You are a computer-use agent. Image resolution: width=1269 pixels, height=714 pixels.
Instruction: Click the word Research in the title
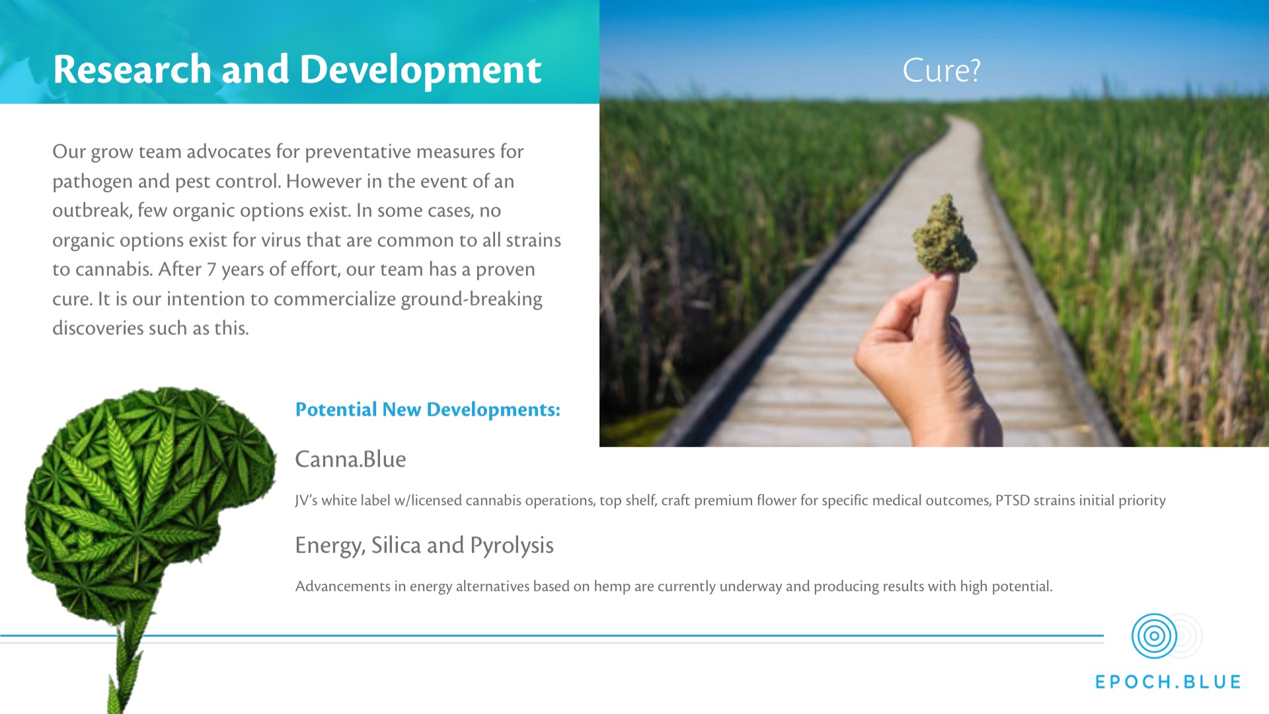tap(132, 69)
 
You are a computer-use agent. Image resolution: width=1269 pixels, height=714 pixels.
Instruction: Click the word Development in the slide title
tap(420, 69)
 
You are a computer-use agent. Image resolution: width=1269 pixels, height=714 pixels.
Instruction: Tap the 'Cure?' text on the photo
tap(941, 70)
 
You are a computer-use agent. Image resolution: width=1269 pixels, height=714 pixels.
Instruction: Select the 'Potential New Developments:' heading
tap(428, 410)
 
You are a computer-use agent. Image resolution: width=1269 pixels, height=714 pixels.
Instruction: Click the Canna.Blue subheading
tap(350, 459)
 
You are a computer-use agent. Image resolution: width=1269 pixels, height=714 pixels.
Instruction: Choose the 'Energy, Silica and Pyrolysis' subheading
tap(424, 545)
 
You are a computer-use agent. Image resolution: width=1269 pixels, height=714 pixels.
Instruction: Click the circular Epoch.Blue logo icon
tap(1154, 636)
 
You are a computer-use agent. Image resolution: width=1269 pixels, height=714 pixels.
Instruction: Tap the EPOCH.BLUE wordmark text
tap(1168, 682)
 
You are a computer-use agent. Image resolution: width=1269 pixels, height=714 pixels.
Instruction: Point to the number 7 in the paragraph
tap(211, 269)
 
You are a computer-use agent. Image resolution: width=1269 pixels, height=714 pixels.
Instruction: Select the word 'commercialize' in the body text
tap(334, 299)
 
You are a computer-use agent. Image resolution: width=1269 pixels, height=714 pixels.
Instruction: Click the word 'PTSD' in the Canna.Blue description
tap(1012, 501)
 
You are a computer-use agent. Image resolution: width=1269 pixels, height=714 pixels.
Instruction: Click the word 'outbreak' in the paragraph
tap(92, 211)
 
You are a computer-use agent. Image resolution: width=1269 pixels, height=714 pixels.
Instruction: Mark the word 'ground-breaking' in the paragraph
tap(471, 299)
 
